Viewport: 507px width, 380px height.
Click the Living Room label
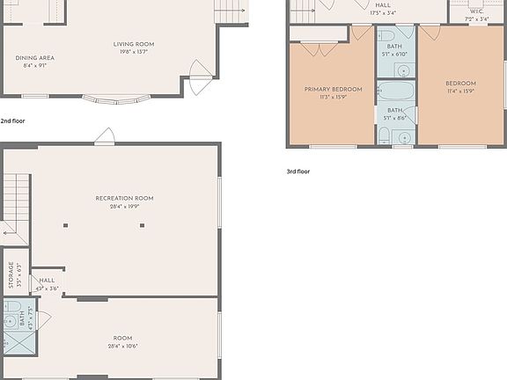coord(134,43)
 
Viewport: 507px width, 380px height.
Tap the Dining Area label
coord(35,58)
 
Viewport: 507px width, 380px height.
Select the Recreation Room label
coord(124,199)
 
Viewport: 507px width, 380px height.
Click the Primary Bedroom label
coord(333,89)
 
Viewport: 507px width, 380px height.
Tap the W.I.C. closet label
coord(477,11)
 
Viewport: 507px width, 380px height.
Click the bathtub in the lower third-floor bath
coord(396,91)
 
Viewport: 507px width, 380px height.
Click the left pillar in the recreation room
coord(65,226)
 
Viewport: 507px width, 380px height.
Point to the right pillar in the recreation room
coord(141,226)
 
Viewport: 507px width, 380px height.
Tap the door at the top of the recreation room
coord(105,135)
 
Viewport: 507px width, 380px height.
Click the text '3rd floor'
coord(298,172)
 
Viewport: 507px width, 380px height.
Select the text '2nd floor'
coord(12,121)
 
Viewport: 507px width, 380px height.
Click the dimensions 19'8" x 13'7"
coord(134,51)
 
